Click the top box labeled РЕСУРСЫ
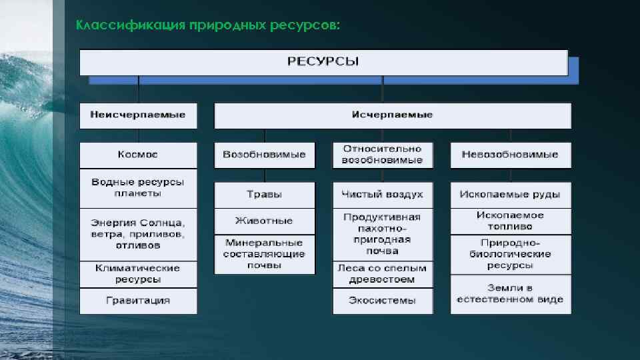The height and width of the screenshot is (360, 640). (x=323, y=62)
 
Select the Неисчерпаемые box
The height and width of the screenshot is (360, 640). (x=139, y=115)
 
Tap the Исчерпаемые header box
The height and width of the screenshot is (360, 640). (x=392, y=115)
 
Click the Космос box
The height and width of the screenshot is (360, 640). (x=139, y=155)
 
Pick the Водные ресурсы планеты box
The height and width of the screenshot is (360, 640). (x=139, y=187)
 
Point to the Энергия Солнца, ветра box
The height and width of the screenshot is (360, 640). (x=139, y=234)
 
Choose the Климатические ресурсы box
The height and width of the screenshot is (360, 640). (x=139, y=273)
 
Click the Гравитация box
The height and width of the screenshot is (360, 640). (x=139, y=301)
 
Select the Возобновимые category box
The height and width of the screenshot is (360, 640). (x=265, y=155)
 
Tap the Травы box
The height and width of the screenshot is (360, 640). (x=265, y=195)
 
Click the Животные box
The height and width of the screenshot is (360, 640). (x=265, y=221)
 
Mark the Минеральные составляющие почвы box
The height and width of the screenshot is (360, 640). (x=265, y=254)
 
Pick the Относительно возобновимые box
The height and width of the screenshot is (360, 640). (x=383, y=155)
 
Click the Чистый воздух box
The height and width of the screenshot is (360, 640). (x=383, y=195)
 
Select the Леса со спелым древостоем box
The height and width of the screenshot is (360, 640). (x=383, y=273)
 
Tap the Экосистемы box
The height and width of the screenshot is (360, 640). (x=383, y=301)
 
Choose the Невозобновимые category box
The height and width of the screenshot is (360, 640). (x=511, y=155)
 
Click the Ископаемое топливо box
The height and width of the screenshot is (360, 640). (x=511, y=221)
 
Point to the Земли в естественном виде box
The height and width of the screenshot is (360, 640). (x=511, y=294)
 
